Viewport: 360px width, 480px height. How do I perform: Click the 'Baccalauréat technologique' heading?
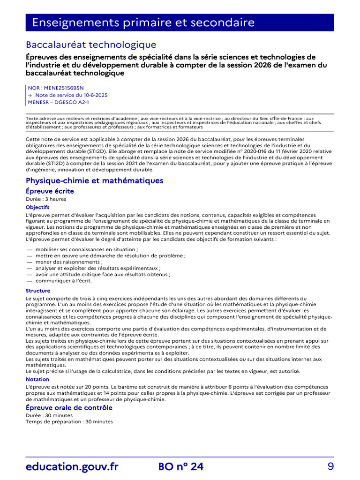[91, 45]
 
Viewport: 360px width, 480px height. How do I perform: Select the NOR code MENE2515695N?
[56, 88]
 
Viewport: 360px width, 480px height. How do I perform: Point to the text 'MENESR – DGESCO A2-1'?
[58, 102]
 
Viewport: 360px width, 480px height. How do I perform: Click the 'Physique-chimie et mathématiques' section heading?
[95, 180]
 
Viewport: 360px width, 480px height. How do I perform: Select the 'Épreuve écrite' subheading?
[50, 191]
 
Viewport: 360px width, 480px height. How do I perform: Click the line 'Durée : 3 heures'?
[46, 199]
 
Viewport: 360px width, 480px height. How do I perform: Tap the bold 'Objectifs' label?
[37, 207]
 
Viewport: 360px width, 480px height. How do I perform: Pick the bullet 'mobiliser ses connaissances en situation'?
[86, 249]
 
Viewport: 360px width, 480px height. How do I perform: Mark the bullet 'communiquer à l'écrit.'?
[63, 281]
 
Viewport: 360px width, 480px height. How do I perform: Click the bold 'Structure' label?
[38, 291]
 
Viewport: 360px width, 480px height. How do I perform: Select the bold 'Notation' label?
[37, 379]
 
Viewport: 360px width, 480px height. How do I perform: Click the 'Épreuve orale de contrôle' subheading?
[69, 408]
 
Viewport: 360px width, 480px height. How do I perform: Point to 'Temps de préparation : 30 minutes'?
[69, 421]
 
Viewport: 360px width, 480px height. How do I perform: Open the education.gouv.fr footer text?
[72, 466]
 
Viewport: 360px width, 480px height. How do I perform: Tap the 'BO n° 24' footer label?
[181, 466]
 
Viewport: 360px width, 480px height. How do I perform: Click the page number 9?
[330, 466]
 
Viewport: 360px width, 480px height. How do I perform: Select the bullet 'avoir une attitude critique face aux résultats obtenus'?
[102, 275]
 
